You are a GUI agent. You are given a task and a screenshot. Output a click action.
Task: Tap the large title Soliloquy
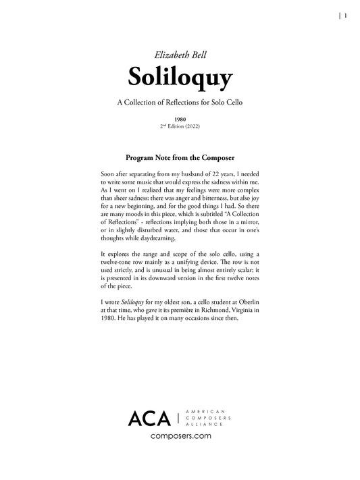tap(180, 77)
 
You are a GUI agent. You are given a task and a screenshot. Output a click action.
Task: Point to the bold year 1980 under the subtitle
tap(180, 119)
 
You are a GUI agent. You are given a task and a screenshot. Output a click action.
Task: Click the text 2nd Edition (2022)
tap(180, 126)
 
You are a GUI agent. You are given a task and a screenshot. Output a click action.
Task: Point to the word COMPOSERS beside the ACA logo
tap(209, 419)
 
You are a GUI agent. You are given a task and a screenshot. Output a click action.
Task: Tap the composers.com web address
tap(180, 437)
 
